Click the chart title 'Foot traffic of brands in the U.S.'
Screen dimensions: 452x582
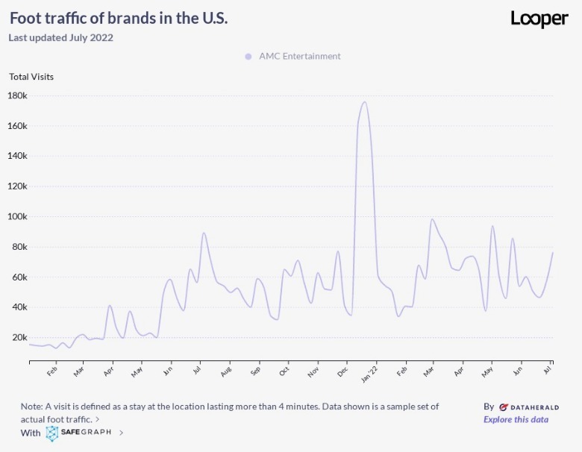tap(119, 19)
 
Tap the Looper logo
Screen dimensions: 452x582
tap(539, 19)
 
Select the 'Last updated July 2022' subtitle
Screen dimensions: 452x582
tap(60, 37)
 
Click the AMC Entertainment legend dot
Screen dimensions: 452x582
tap(248, 56)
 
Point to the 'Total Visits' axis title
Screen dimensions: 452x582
tap(31, 76)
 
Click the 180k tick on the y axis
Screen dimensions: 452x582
tap(17, 95)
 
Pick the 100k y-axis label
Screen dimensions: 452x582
tap(17, 216)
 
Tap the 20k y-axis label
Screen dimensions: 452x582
tap(19, 337)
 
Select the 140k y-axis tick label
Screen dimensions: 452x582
tap(17, 156)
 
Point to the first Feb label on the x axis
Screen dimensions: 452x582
tap(52, 371)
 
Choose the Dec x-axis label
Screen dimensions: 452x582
tap(343, 370)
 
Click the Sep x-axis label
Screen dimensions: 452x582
tap(256, 370)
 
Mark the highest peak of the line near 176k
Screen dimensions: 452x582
tap(364, 102)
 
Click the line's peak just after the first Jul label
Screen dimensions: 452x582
tap(204, 233)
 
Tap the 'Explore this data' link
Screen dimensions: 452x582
tap(516, 419)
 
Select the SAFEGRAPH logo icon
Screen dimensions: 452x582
tap(52, 433)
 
